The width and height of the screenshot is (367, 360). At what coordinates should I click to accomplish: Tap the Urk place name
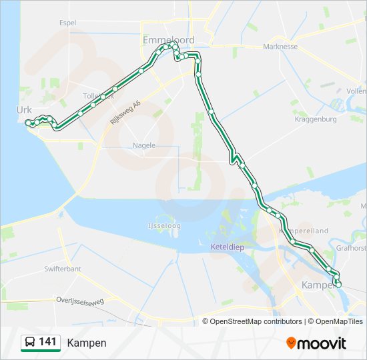[x=24, y=109]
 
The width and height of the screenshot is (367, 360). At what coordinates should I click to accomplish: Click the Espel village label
[x=67, y=22]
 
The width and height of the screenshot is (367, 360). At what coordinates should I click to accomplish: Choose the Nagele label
[x=144, y=145]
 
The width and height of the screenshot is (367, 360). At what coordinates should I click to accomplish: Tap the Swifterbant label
[x=62, y=269]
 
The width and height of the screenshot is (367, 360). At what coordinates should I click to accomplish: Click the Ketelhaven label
[x=228, y=247]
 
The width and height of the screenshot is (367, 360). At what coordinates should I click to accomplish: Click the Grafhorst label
[x=351, y=248]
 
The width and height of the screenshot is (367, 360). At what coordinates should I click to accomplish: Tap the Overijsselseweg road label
[x=80, y=301]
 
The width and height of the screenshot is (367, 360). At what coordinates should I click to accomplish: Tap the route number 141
[x=47, y=342]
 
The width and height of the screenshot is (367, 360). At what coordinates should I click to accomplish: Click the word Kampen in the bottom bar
[x=86, y=343]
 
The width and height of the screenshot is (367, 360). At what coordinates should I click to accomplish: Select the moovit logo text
[x=322, y=343]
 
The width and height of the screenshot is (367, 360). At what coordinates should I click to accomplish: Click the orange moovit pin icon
[x=291, y=343]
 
